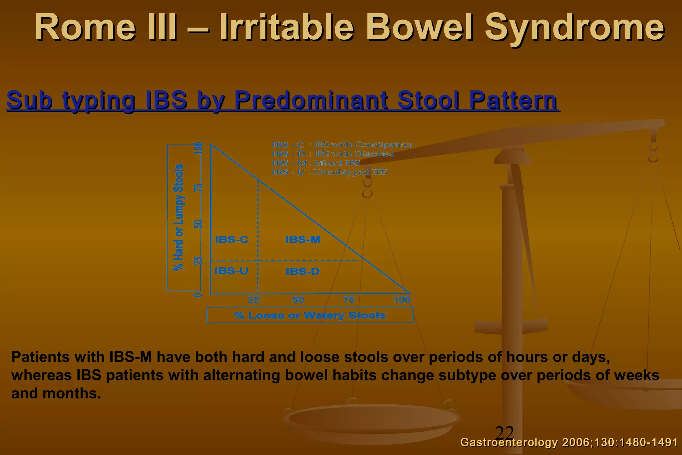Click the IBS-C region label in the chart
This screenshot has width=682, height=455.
pos(231,239)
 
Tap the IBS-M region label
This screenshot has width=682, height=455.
pos(303,239)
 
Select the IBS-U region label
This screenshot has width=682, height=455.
pos(231,271)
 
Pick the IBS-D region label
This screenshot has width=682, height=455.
pos(302,271)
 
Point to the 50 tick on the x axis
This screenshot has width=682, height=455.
pos(298,300)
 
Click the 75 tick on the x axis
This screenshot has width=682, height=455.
pos(349,300)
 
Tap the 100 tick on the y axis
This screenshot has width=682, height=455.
pos(198,148)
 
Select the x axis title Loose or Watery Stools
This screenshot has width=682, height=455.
pos(310,315)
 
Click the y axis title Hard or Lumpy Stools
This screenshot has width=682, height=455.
pos(179,217)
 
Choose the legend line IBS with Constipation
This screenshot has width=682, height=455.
pos(342,145)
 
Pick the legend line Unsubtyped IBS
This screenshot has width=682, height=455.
pos(329,172)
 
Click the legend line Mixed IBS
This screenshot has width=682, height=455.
pos(316,163)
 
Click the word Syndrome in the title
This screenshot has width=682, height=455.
pos(574,27)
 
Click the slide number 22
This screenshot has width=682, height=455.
pos(505,433)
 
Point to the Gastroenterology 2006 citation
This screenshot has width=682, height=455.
pos(569,442)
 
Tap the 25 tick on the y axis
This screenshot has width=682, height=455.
pos(198,260)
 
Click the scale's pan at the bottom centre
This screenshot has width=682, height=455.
pos(372,420)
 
